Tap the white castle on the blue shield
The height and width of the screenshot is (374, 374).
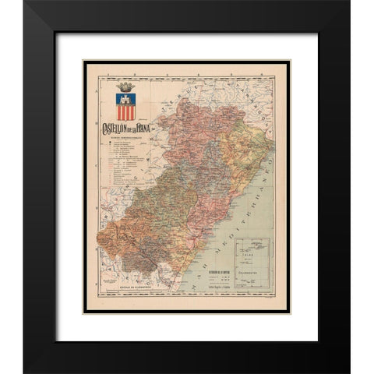click(x=126, y=99)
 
